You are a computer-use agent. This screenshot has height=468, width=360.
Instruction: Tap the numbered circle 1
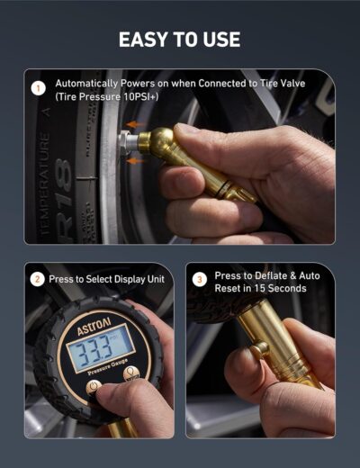coord(38,88)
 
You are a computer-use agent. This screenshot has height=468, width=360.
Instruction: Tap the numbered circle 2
coord(38,279)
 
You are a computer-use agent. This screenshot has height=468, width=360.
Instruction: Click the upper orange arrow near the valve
coord(134,125)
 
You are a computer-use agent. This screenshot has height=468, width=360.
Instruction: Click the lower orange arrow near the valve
coord(134,159)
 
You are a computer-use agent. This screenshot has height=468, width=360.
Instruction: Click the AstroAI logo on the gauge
coord(94,330)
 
